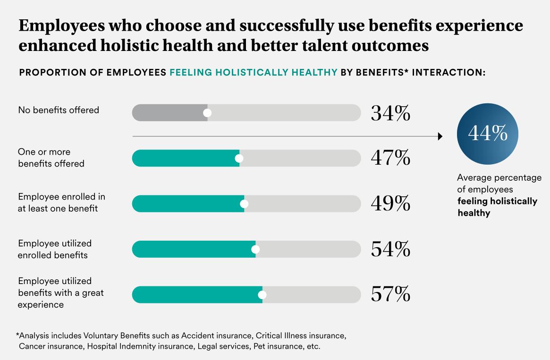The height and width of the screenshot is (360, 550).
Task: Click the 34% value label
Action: [390, 113]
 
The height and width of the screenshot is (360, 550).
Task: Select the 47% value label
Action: [390, 158]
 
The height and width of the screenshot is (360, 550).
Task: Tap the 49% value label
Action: [390, 203]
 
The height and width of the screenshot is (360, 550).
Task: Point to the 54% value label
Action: [390, 249]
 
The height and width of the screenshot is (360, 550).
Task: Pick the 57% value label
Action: [390, 294]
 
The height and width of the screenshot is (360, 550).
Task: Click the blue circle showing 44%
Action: [487, 134]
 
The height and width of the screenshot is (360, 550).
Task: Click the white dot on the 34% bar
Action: [207, 113]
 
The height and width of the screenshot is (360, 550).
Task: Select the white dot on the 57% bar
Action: [262, 295]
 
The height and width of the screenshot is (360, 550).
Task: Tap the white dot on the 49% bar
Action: [244, 204]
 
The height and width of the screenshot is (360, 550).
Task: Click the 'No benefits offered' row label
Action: [59, 110]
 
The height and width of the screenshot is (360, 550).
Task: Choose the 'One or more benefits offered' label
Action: [51, 158]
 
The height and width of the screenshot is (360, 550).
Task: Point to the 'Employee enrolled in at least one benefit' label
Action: [61, 202]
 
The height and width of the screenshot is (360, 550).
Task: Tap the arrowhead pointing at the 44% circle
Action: [440, 136]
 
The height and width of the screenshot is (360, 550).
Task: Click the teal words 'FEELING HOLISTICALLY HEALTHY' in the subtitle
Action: [253, 73]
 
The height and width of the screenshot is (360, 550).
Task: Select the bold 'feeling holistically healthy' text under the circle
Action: [497, 207]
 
